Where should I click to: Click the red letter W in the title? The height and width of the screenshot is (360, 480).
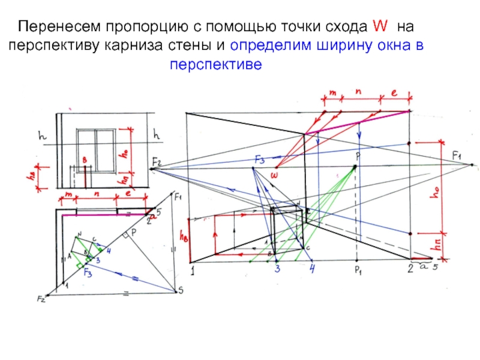click(380, 27)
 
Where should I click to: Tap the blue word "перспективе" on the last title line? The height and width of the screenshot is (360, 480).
click(217, 64)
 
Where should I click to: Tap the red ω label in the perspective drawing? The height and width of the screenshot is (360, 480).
click(274, 175)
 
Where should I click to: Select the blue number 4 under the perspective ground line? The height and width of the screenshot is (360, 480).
click(312, 269)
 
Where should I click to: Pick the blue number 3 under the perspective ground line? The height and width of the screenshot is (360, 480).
click(278, 269)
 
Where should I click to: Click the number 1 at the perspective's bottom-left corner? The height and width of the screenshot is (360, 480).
click(194, 271)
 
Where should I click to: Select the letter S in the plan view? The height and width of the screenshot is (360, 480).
click(179, 292)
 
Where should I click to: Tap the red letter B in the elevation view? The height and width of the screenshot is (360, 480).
click(85, 160)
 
